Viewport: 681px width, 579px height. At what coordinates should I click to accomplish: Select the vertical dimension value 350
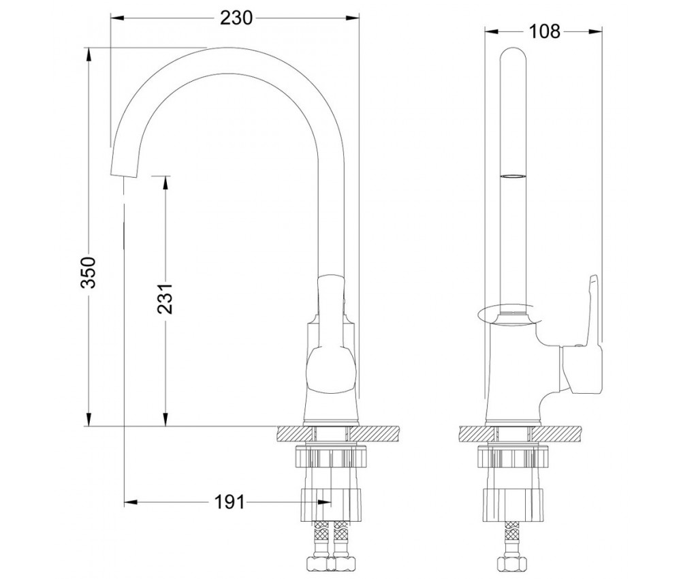pos(93,272)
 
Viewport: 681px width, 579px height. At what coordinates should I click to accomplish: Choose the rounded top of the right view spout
pos(514,54)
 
